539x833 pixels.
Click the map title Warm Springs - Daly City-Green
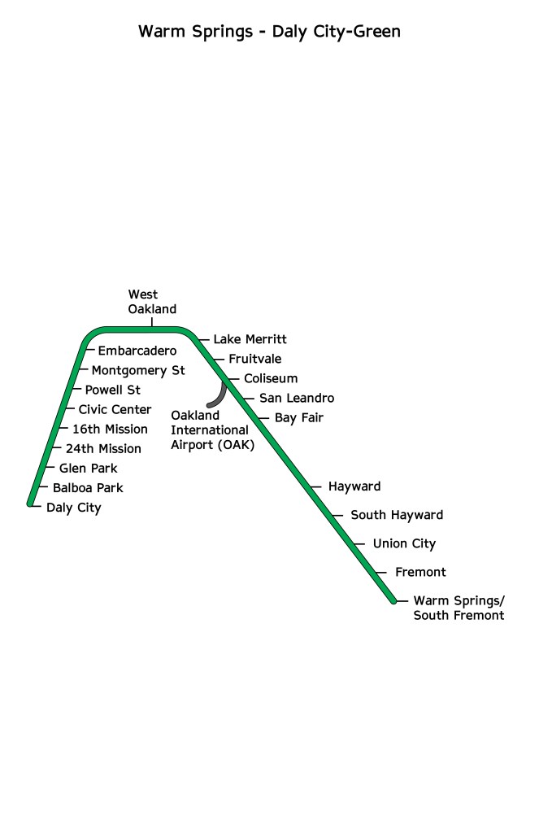tap(269, 32)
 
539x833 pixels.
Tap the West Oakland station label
tap(152, 302)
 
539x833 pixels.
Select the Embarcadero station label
tap(137, 351)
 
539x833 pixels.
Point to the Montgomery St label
tap(138, 371)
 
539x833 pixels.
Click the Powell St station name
tap(113, 390)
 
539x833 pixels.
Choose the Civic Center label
tap(115, 410)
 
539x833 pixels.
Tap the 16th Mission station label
tap(110, 430)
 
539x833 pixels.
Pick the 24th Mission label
tap(103, 449)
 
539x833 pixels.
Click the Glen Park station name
tap(89, 469)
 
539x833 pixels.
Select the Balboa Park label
tap(88, 488)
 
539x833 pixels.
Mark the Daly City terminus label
tap(74, 508)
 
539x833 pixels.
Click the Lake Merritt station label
tap(250, 339)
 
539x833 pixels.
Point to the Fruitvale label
tap(255, 359)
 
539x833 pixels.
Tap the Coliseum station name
tap(271, 379)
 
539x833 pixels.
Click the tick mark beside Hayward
tap(316, 487)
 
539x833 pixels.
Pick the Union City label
tap(404, 544)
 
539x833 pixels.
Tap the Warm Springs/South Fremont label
tap(459, 608)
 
